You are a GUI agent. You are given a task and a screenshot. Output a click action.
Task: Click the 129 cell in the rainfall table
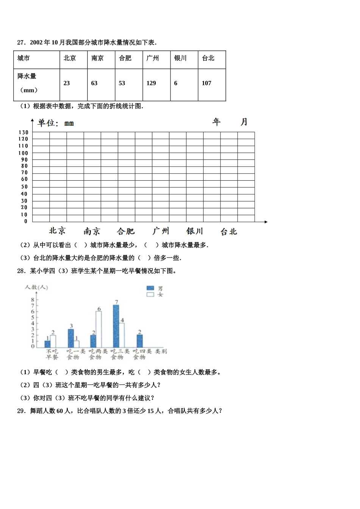[x=151, y=83]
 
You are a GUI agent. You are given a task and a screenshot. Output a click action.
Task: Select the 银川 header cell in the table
[x=180, y=58]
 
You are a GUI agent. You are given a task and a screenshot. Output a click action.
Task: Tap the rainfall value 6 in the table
[x=176, y=83]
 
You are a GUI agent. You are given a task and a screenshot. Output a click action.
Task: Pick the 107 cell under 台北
[x=207, y=83]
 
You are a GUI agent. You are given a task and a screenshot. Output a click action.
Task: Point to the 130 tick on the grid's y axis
[x=23, y=133]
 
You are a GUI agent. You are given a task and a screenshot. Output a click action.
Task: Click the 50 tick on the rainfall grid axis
[x=24, y=187]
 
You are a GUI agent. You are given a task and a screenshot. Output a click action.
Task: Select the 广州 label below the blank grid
[x=161, y=231]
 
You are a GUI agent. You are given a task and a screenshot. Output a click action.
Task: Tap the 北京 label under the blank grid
[x=57, y=231]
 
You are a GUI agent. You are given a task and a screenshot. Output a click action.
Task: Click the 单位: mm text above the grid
[x=56, y=123]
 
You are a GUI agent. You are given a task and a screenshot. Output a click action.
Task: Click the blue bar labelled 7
[x=116, y=326]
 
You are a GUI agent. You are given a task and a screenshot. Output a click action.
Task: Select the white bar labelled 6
[x=99, y=329]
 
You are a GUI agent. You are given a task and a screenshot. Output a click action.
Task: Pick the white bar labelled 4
[x=122, y=335]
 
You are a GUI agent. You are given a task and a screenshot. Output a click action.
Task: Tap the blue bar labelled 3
[x=71, y=338]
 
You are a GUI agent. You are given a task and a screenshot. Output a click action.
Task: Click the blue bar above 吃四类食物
[x=140, y=341]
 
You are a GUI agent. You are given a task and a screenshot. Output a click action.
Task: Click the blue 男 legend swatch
[x=150, y=288]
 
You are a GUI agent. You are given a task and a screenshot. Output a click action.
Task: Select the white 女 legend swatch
[x=150, y=294]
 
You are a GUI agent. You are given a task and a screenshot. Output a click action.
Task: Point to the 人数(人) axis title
[x=36, y=287]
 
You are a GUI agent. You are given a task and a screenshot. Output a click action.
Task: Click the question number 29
[x=21, y=411]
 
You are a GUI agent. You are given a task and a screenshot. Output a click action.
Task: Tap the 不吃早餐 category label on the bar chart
[x=52, y=354]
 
